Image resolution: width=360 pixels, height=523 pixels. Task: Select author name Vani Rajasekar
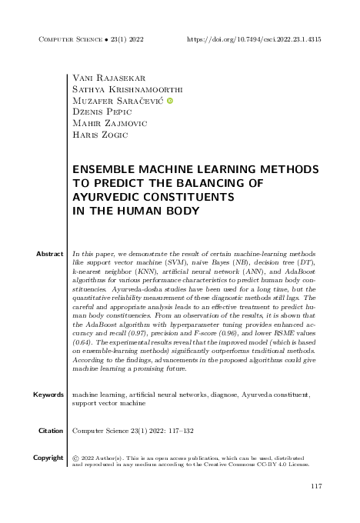coord(104,78)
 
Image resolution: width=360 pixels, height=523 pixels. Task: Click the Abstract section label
coord(50,253)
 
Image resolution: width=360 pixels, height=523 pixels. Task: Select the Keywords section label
coord(48,395)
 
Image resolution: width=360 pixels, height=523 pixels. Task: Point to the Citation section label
coord(50,431)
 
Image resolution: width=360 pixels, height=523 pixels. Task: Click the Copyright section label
coord(48,458)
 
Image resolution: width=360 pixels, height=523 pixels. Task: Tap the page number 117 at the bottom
coord(315,486)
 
